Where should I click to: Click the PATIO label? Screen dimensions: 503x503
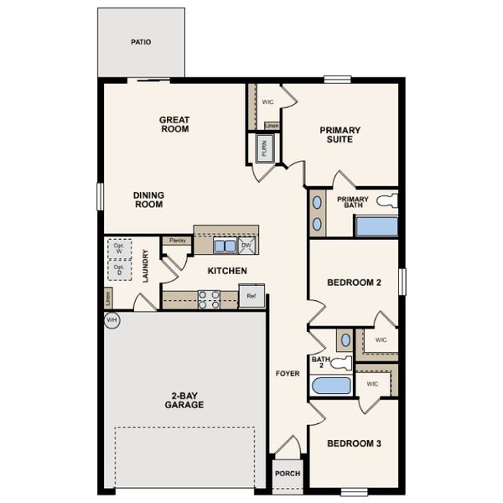point(141,42)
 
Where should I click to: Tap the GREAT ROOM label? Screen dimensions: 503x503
point(174,125)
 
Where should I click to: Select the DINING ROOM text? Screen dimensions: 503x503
point(148,200)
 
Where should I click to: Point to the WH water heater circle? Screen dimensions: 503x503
point(111,319)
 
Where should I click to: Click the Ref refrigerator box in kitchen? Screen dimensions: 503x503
point(251,296)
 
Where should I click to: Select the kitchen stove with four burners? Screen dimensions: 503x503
point(209,299)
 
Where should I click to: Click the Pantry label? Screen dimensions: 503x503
point(177,241)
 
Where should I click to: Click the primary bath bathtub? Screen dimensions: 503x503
point(376,226)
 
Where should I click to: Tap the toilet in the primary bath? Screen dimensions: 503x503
point(386,201)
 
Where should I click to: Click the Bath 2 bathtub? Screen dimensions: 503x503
point(331,386)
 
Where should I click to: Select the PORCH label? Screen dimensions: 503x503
point(288,473)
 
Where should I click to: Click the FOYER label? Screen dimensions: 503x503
point(288,373)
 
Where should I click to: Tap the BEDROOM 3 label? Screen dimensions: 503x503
point(354,443)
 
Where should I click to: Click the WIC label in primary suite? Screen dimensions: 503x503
point(268,101)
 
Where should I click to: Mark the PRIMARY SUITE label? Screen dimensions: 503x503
point(340,135)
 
